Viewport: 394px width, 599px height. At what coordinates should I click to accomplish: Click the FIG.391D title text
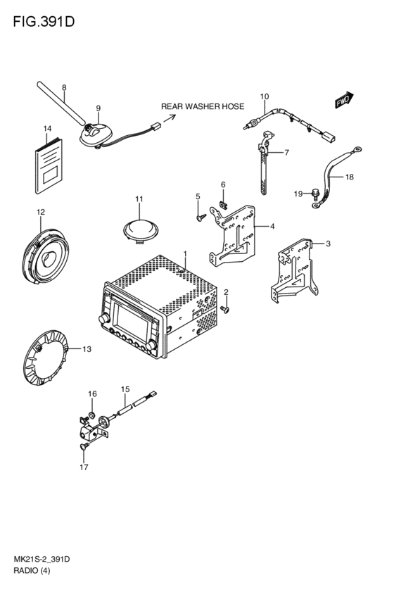pyautogui.click(x=44, y=22)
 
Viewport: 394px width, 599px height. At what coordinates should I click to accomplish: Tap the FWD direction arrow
pyautogui.click(x=345, y=100)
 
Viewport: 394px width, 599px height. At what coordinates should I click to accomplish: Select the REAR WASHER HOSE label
pyautogui.click(x=203, y=106)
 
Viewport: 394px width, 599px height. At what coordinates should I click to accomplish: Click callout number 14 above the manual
pyautogui.click(x=47, y=129)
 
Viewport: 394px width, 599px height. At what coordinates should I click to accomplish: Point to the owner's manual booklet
pyautogui.click(x=49, y=166)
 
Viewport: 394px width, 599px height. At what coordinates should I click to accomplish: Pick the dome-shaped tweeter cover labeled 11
pyautogui.click(x=141, y=230)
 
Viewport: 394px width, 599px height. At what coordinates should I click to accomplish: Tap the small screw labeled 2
pyautogui.click(x=224, y=309)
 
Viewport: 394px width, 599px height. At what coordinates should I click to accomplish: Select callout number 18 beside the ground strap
pyautogui.click(x=350, y=177)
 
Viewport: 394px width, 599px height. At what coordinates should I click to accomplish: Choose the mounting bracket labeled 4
pyautogui.click(x=232, y=235)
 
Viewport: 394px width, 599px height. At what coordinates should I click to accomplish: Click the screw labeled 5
pyautogui.click(x=201, y=217)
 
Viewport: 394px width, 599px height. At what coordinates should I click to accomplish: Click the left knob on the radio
pyautogui.click(x=103, y=319)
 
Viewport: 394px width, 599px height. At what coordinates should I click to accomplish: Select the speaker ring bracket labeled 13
pyautogui.click(x=46, y=357)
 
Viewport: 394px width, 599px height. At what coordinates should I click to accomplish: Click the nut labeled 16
pyautogui.click(x=91, y=415)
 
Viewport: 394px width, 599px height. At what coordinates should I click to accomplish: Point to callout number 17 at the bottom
pyautogui.click(x=84, y=467)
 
